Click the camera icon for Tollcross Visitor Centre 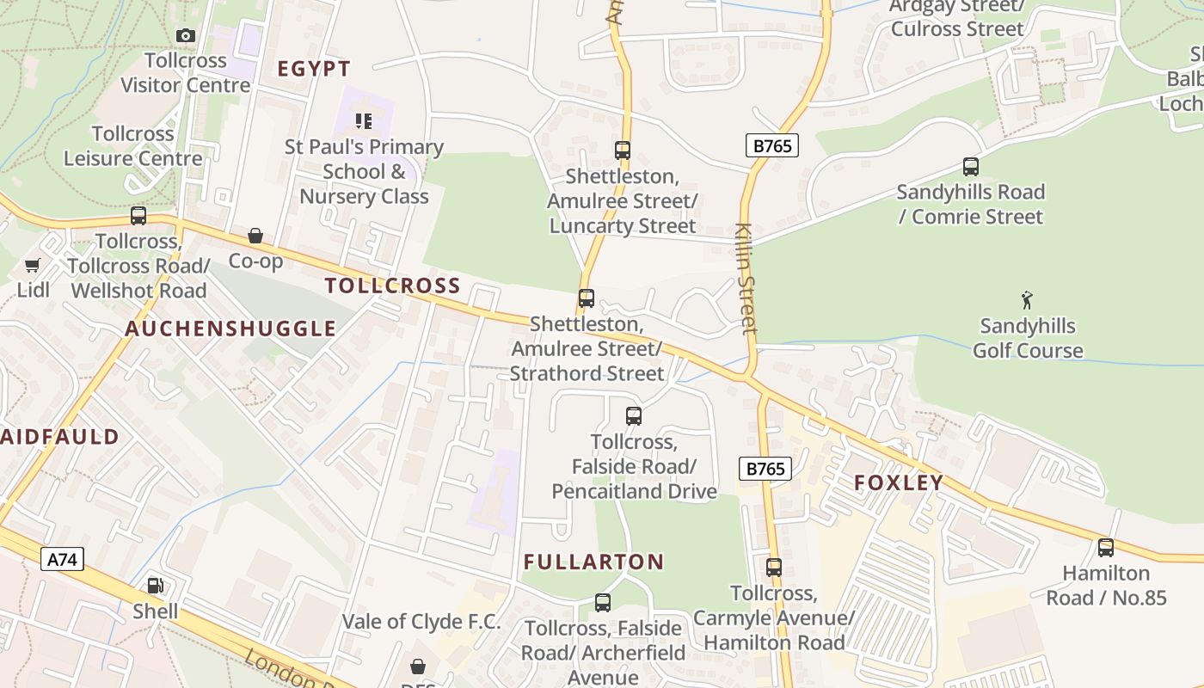(x=185, y=35)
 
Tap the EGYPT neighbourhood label (x=314, y=69)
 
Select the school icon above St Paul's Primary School (x=364, y=120)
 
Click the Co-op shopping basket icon (x=255, y=236)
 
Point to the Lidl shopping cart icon (x=33, y=265)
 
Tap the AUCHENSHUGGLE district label (x=230, y=329)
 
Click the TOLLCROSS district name (x=393, y=286)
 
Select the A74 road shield (x=62, y=560)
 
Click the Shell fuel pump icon (x=155, y=586)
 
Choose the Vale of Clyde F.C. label (x=421, y=621)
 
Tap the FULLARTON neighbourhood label (x=594, y=562)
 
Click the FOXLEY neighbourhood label (x=899, y=482)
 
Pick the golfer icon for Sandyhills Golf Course (x=1027, y=300)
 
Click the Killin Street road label (x=746, y=279)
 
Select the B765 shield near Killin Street (x=771, y=146)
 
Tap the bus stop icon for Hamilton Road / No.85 (x=1106, y=547)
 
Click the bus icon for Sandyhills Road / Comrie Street (x=971, y=167)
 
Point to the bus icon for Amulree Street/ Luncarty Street (x=623, y=150)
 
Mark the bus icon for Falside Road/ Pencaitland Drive (x=634, y=416)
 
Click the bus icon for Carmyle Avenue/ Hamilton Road (x=774, y=568)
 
